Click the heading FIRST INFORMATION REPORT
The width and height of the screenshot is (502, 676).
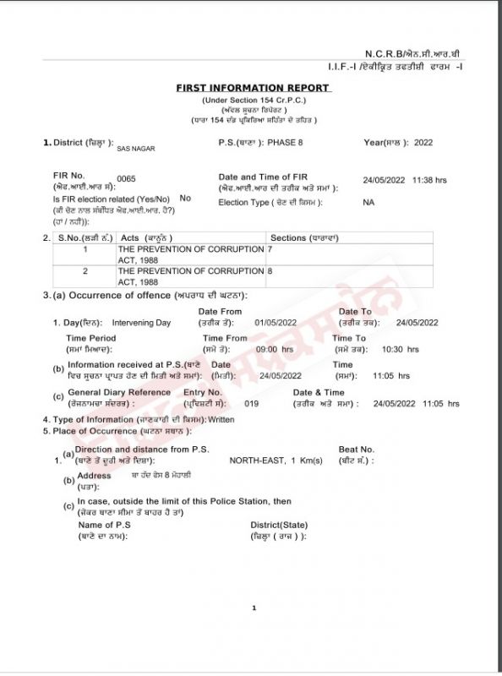(x=253, y=88)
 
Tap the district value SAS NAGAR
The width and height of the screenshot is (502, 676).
(x=135, y=148)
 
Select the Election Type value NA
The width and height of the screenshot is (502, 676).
(x=368, y=203)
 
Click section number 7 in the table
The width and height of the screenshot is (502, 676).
(x=270, y=250)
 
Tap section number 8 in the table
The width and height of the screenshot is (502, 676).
(x=270, y=271)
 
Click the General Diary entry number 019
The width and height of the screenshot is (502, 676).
(x=251, y=404)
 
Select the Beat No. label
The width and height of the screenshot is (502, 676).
(x=356, y=450)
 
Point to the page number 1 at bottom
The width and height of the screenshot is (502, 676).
(x=254, y=608)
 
